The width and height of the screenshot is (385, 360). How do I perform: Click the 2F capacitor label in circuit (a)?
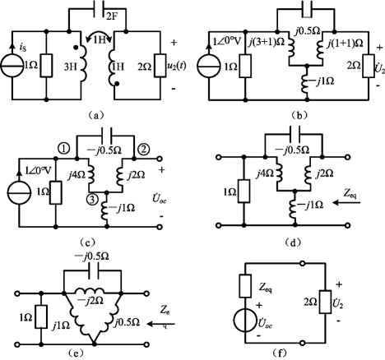111,16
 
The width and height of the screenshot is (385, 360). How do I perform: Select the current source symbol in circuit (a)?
12,67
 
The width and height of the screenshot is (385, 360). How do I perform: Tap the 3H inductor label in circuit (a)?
71,67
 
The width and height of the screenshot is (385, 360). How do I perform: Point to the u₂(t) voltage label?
177,67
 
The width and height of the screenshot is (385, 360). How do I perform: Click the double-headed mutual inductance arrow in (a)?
99,35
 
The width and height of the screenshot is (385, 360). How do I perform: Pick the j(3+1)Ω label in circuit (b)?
266,43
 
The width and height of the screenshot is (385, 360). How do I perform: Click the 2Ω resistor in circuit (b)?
369,66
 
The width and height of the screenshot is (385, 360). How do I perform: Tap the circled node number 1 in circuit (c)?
63,149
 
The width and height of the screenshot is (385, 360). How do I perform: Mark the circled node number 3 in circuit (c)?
92,200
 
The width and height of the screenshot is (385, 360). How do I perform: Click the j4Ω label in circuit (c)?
76,173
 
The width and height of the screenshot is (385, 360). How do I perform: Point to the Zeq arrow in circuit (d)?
346,203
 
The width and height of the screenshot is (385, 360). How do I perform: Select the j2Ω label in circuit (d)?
324,173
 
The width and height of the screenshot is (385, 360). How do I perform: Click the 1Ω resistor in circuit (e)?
41,316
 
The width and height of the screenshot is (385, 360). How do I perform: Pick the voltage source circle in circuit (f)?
245,321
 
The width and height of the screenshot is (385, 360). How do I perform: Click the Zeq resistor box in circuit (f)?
245,286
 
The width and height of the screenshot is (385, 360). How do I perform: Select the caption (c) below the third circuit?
87,242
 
